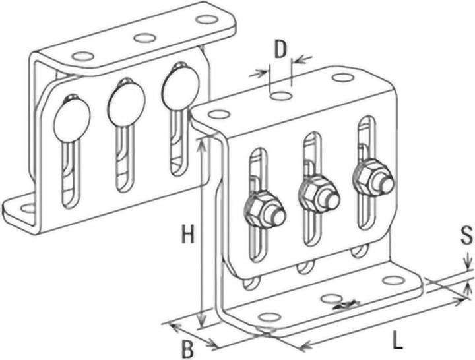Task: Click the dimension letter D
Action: click(280, 49)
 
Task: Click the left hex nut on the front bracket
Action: click(263, 210)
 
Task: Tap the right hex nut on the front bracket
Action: click(372, 177)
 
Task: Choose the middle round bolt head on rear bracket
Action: click(126, 102)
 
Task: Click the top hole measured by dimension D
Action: click(281, 96)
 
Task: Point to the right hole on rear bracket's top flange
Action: click(206, 20)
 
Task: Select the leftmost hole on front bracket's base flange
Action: click(268, 317)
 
